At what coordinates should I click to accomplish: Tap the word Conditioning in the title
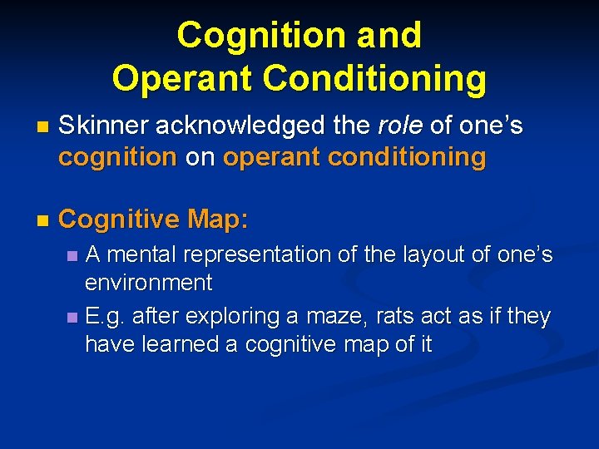tap(374, 78)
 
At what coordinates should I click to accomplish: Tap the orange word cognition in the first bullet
tap(117, 156)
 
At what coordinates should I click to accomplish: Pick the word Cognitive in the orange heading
tap(119, 220)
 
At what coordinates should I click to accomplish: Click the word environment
tap(149, 283)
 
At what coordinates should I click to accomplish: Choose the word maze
tap(335, 317)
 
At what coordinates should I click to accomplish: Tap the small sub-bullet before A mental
tap(72, 256)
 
